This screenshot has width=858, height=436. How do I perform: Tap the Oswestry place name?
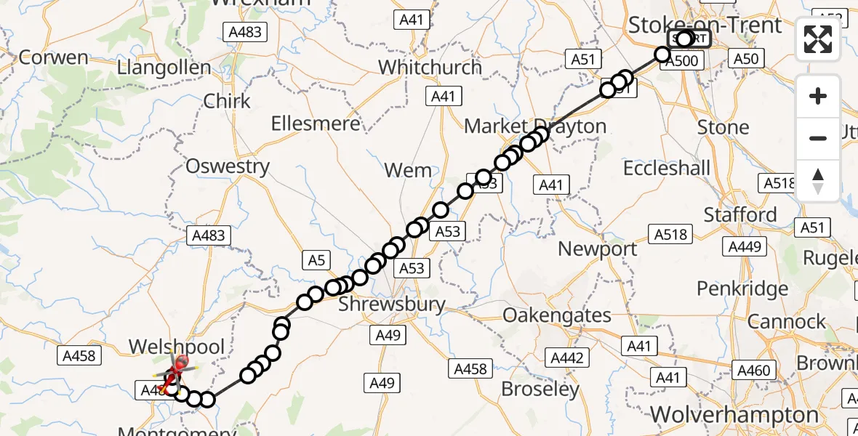(x=228, y=166)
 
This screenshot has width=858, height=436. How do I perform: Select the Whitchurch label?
(x=430, y=67)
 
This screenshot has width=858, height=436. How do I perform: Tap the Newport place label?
(x=597, y=249)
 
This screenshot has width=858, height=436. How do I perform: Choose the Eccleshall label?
(x=667, y=168)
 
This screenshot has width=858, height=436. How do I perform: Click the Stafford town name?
(x=740, y=215)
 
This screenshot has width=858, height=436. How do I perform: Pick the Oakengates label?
(x=557, y=315)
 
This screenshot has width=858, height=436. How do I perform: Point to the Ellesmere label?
(x=316, y=124)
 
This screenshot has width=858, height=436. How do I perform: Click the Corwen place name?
(x=54, y=57)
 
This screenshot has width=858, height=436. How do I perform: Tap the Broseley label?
(x=540, y=389)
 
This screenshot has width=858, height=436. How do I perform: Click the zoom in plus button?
(x=818, y=96)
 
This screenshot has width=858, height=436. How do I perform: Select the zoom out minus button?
(x=818, y=138)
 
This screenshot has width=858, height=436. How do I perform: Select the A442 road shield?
(x=567, y=358)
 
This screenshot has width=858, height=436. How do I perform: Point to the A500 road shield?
(x=682, y=61)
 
